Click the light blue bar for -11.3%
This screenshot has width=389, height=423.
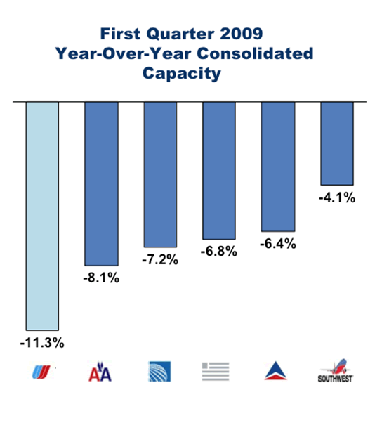coord(42,216)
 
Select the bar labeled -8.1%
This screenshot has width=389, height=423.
coord(101,183)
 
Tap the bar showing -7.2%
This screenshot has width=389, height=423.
coord(160,174)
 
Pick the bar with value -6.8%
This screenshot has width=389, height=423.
coord(219,171)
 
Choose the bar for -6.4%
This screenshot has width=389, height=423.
coord(278,167)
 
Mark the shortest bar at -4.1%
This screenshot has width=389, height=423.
coord(337,143)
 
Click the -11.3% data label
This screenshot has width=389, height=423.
coord(42,343)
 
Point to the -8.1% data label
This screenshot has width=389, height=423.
coord(101,278)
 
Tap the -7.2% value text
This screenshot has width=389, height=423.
coord(160,259)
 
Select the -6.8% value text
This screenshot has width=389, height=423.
coord(219,252)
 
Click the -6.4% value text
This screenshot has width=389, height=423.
coord(278,244)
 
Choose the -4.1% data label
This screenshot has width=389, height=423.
coord(337,197)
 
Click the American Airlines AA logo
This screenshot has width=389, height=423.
coord(100,372)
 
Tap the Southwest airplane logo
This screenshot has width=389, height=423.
coord(336,371)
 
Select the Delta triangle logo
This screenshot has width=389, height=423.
coord(275,371)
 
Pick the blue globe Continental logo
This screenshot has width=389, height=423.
coord(160,372)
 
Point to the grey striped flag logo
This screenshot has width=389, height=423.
coord(216,372)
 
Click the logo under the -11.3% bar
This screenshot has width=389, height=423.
coord(41,372)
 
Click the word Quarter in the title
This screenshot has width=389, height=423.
coord(180,34)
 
